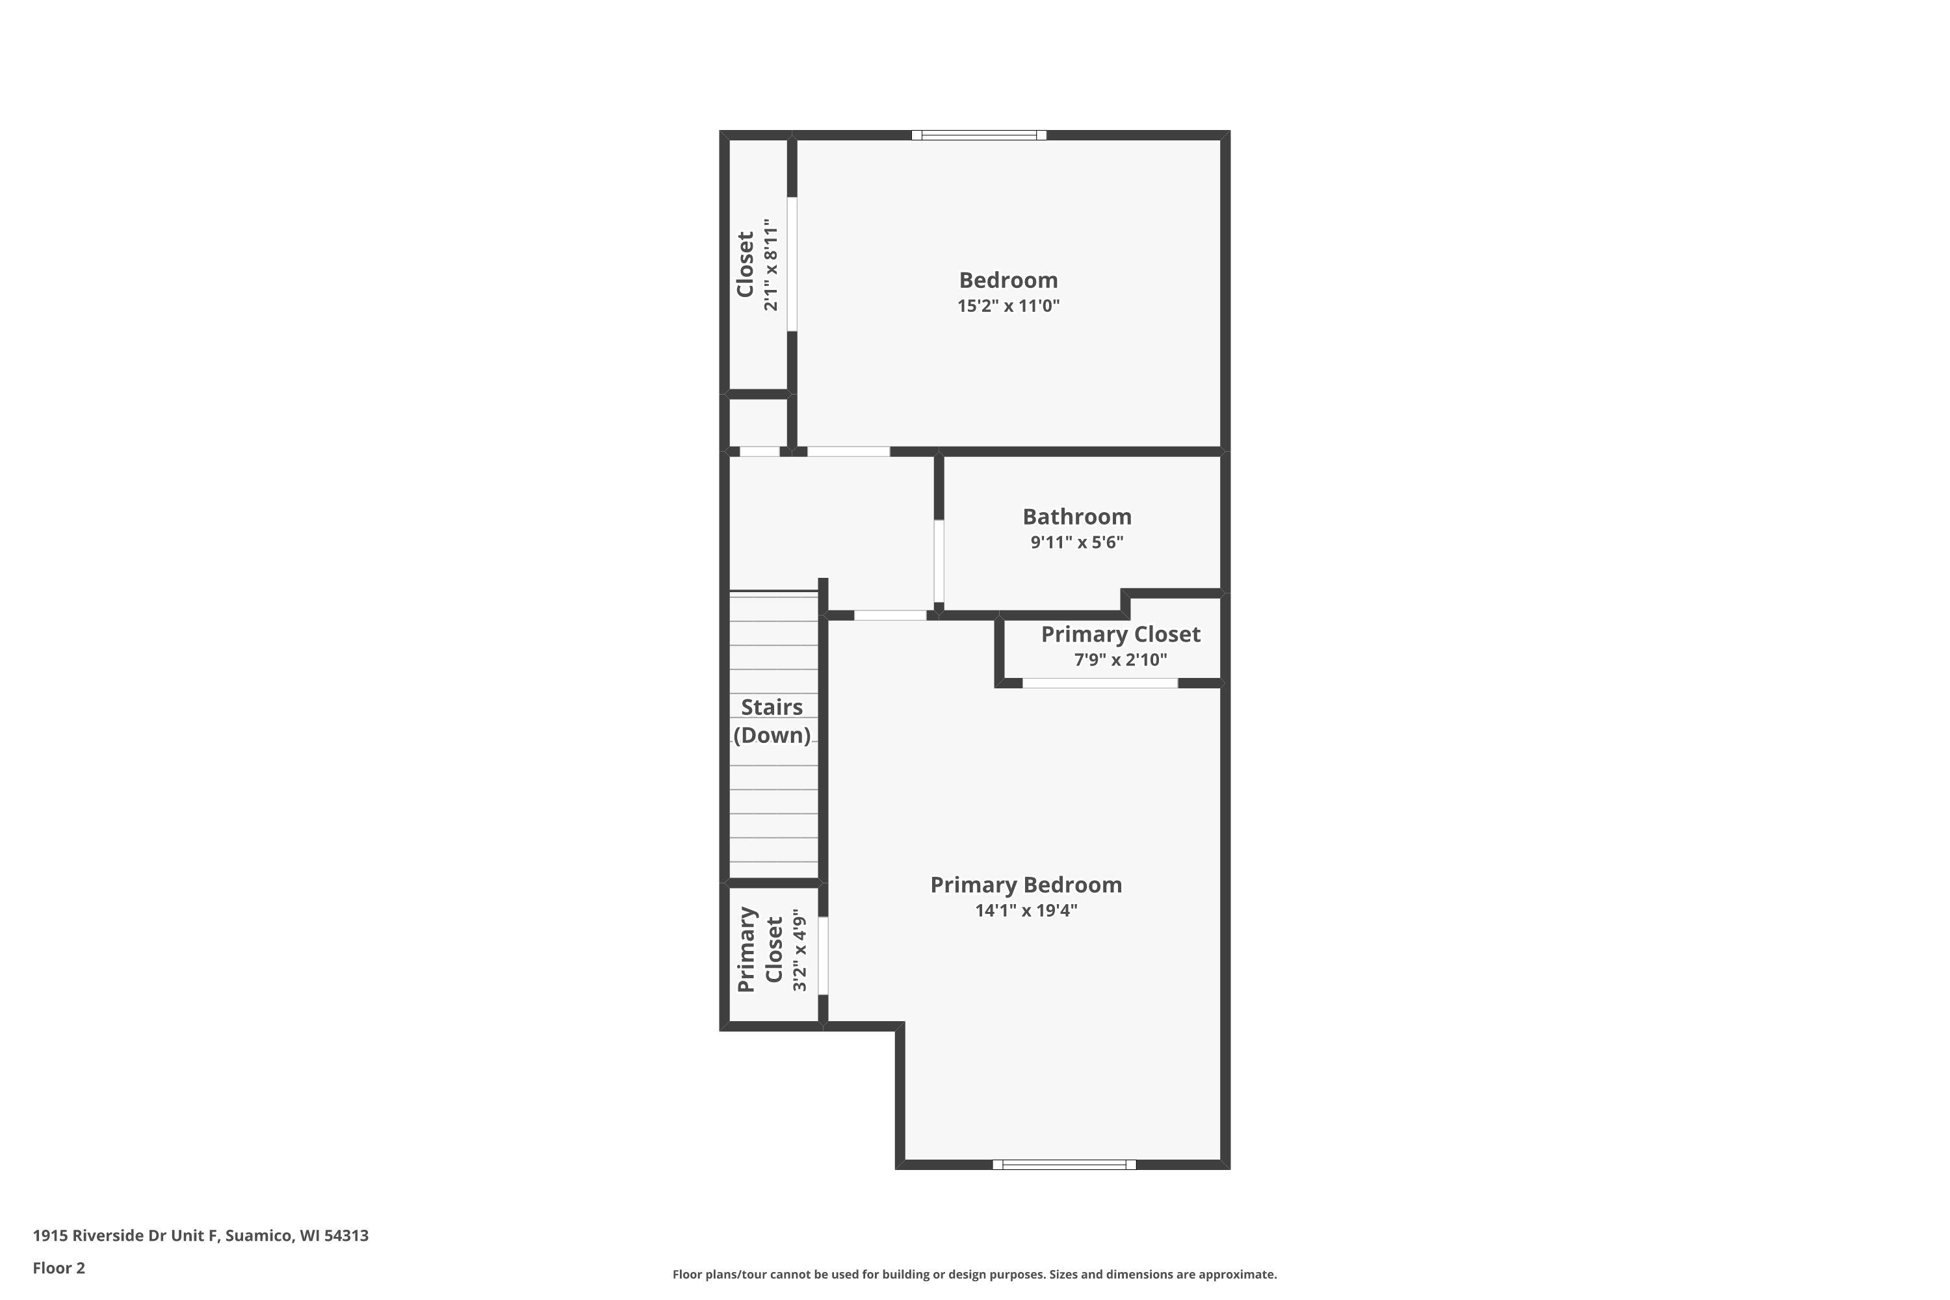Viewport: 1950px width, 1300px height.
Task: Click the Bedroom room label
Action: point(1008,280)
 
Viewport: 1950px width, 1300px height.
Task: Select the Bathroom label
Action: point(1077,517)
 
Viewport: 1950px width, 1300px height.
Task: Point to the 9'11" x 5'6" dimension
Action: point(1077,542)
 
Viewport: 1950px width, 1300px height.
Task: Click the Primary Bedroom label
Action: point(1026,885)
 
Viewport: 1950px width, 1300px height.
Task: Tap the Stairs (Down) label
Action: point(772,721)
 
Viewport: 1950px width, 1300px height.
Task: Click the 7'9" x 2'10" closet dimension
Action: point(1121,660)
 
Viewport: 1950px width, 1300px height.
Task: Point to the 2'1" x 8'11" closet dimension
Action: point(771,265)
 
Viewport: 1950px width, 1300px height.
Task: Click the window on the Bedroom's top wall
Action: point(979,135)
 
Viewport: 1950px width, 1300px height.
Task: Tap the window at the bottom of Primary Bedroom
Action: point(1065,1165)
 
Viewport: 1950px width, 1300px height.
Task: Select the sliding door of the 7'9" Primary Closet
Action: point(1100,683)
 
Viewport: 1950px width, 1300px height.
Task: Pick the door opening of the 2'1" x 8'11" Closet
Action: point(792,265)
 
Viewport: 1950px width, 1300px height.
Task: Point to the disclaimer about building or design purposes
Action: point(974,1274)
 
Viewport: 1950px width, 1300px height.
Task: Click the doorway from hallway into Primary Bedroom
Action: point(890,615)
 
